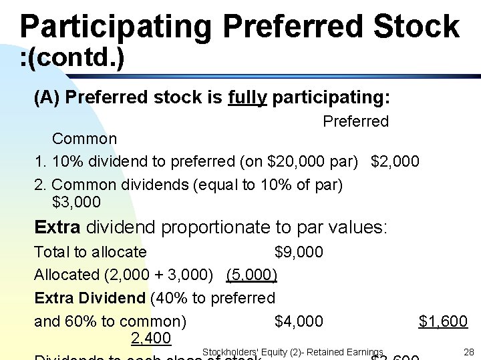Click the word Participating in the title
(115, 27)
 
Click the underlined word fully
(247, 98)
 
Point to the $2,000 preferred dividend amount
(395, 161)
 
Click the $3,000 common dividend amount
(76, 202)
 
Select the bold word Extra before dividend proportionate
(57, 227)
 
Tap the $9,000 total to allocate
(299, 252)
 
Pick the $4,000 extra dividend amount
(299, 321)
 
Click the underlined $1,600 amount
(443, 321)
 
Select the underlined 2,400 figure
(151, 339)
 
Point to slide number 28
(468, 351)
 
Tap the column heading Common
(84, 139)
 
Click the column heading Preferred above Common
(355, 121)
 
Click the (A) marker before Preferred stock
(47, 98)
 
